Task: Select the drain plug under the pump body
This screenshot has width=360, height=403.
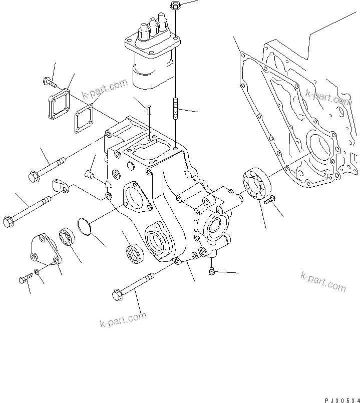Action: point(211,271)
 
